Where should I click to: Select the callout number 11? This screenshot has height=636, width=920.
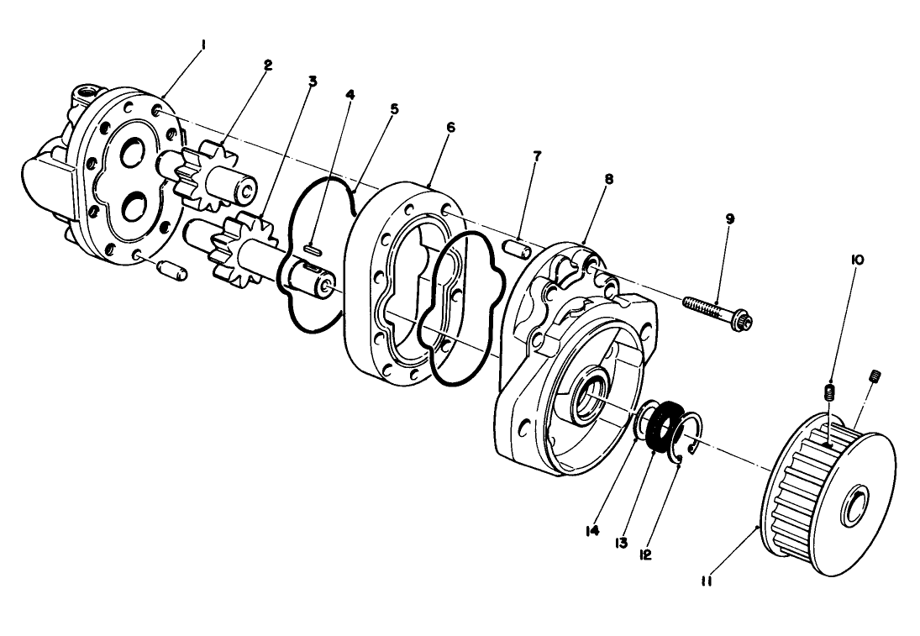coord(706,579)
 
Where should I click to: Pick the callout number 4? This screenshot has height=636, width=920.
coord(350,95)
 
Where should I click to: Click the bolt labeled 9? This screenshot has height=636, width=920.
coord(714,313)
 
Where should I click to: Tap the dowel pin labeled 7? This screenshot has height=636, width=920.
coord(518,250)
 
